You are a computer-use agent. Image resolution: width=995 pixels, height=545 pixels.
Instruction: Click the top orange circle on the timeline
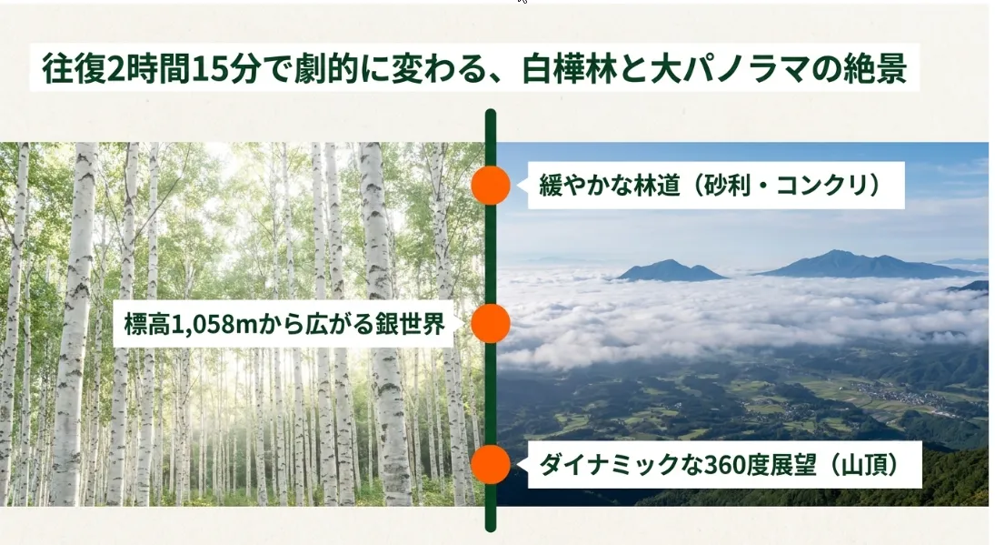pos(491,185)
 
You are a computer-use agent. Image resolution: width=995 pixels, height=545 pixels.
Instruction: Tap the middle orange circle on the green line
pos(491,323)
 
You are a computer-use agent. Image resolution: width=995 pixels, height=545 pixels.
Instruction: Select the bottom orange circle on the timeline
pos(491,464)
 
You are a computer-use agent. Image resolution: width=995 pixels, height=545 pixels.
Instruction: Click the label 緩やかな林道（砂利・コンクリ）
pos(710,186)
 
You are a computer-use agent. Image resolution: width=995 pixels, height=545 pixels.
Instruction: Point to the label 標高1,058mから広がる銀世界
pos(285,324)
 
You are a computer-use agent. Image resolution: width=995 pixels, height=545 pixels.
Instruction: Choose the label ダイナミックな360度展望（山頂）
pos(719,465)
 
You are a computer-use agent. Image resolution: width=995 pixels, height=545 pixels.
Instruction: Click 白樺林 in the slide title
pos(569,68)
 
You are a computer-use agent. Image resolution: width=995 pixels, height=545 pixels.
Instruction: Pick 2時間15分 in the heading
pos(184,68)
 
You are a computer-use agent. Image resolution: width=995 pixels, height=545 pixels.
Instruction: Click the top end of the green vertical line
pos(491,111)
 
